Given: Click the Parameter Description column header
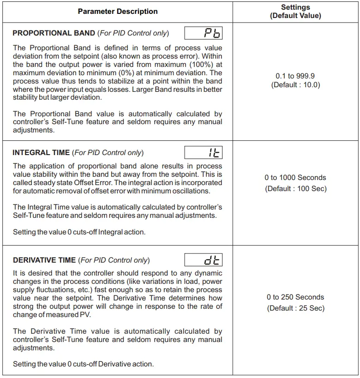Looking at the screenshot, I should click(118, 12).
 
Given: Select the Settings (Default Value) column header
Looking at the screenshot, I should click(295, 12).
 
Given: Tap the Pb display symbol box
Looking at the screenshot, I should click(204, 33).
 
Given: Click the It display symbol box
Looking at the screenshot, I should click(204, 153).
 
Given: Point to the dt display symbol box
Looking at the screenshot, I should click(204, 260).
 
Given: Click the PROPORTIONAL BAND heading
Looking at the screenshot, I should click(54, 33).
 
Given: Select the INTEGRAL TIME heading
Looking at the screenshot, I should click(42, 153).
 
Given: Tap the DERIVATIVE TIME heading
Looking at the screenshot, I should click(44, 260).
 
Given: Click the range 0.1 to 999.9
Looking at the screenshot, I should click(295, 76).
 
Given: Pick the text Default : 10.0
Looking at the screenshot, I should click(295, 85).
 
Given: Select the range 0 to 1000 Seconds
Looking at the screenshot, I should click(295, 178).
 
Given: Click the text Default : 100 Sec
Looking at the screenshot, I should click(295, 189).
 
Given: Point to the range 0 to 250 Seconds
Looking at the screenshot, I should click(295, 297).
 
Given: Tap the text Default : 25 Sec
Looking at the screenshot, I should click(295, 308).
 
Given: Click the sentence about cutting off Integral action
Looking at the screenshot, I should click(79, 232).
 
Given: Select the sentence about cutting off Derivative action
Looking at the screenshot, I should click(83, 364).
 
